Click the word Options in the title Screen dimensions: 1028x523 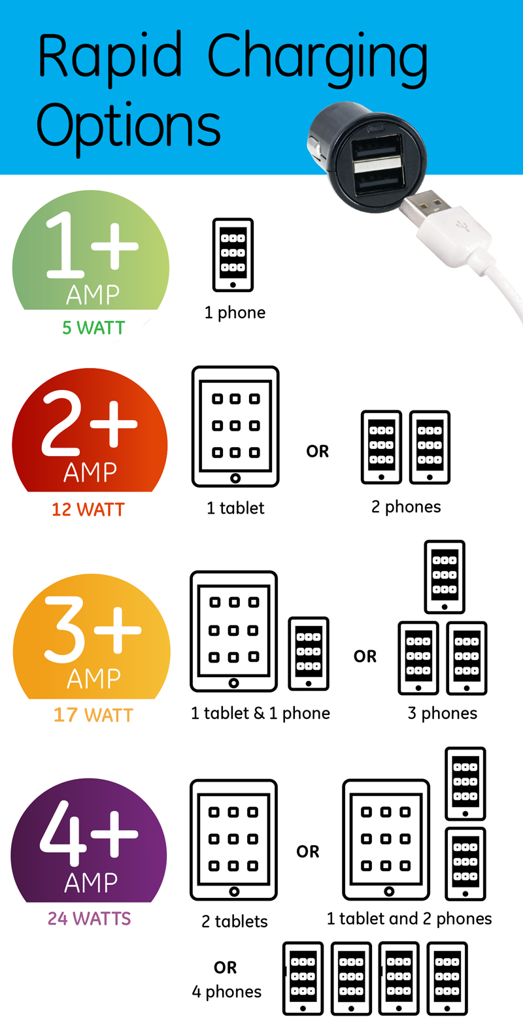[x=128, y=125]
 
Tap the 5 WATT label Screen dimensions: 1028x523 [x=93, y=328]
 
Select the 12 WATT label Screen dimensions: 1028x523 [x=88, y=510]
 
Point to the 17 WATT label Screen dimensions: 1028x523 [x=93, y=715]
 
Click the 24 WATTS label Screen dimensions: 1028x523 [x=89, y=919]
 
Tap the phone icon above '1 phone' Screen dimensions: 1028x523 [x=233, y=255]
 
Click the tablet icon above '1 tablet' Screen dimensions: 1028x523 [x=235, y=426]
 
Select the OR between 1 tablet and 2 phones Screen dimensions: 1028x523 [x=318, y=452]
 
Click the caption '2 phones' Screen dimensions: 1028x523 [x=406, y=507]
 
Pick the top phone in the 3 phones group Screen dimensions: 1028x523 [x=445, y=576]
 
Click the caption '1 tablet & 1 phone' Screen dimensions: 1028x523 [x=260, y=713]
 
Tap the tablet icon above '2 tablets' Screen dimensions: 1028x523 [x=233, y=839]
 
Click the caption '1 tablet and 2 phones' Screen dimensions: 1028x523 [x=409, y=919]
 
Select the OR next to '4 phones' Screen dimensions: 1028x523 [x=225, y=968]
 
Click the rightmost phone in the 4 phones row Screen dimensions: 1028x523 [x=447, y=978]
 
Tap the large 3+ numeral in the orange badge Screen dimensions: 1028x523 [x=92, y=629]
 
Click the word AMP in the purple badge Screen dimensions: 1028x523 [x=90, y=883]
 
